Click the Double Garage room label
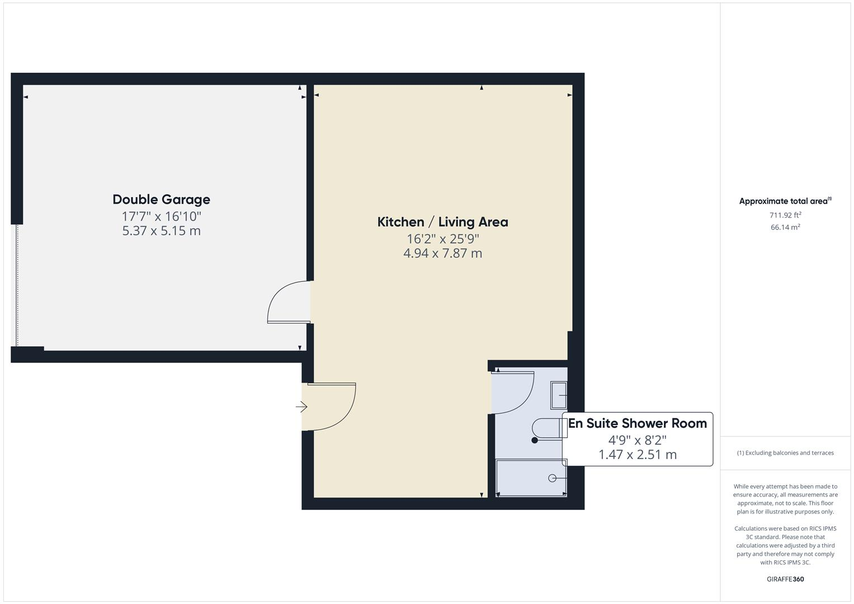coord(161,200)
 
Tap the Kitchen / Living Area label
coord(442,222)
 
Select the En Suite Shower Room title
coord(637,423)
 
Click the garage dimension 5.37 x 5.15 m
coord(161,231)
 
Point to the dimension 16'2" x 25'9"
coord(442,239)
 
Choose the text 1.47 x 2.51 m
coord(637,455)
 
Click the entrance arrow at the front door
coord(301,407)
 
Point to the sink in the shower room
coord(559,395)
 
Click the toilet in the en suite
coord(546,428)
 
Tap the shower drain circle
coord(553,478)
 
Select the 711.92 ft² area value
coord(785,215)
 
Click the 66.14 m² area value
coord(785,228)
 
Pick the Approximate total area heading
coord(785,201)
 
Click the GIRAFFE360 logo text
coord(785,579)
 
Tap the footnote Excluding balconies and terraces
coord(785,453)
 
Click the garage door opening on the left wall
coord(16,285)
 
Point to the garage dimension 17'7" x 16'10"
coord(161,216)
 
